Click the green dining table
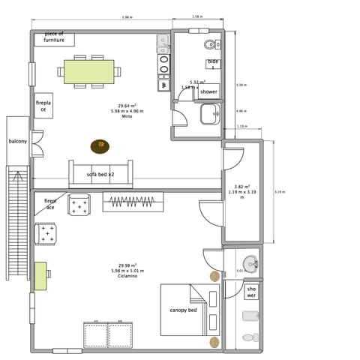tap(88, 71)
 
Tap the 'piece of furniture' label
tap(54, 37)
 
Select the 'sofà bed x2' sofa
tap(100, 174)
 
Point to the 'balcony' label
tap(18, 141)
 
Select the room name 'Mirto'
tap(127, 116)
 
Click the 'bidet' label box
tap(212, 64)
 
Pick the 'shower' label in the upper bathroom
tap(208, 91)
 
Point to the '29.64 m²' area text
tap(127, 106)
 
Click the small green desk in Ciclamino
tap(40, 276)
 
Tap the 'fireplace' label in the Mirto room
tap(43, 106)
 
